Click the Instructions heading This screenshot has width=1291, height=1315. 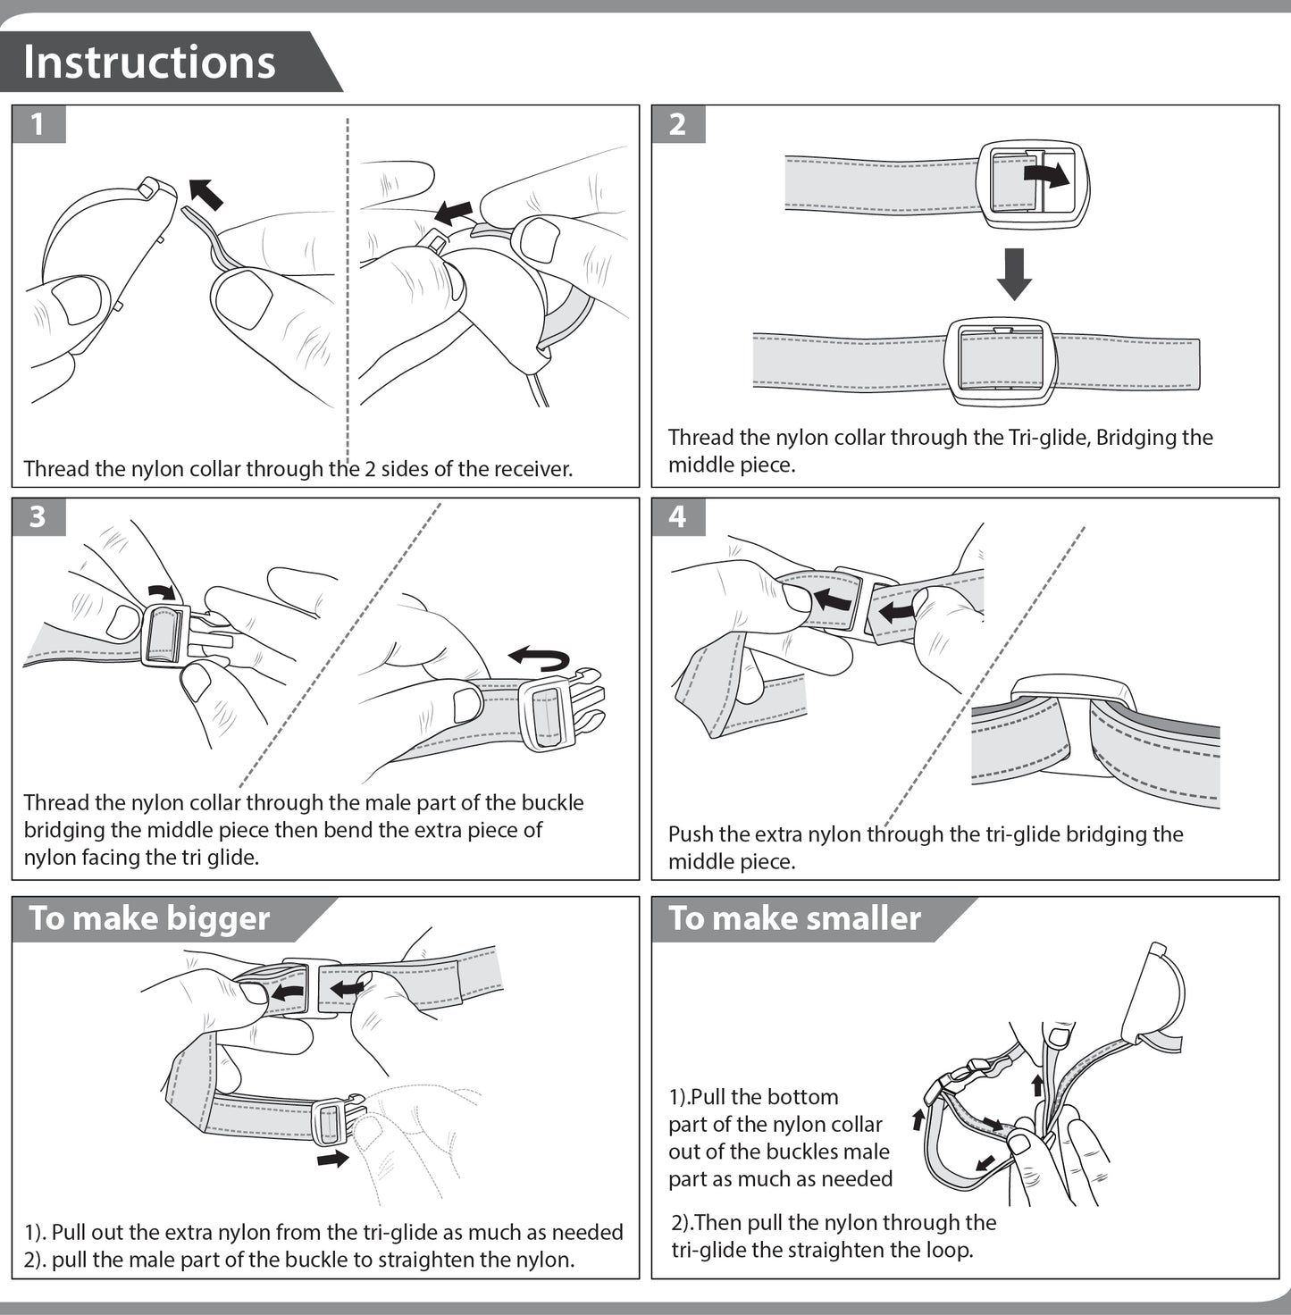[149, 62]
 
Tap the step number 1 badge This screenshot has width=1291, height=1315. [38, 124]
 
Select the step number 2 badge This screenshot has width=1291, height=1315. [677, 124]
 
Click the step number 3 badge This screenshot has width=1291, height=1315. [38, 516]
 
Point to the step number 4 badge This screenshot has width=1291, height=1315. [677, 516]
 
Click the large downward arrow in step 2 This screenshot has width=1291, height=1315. [1014, 273]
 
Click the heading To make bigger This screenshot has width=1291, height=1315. [149, 918]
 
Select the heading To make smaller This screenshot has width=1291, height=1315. [794, 918]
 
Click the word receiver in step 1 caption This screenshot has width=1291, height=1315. [531, 469]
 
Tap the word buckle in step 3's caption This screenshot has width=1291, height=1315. [552, 802]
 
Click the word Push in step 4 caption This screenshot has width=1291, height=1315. [691, 834]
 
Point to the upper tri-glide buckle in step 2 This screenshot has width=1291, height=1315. [1032, 185]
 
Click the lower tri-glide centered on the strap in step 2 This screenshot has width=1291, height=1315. [1001, 360]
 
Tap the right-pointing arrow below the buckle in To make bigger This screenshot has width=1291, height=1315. [333, 1159]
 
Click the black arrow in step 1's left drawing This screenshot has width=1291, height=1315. [206, 193]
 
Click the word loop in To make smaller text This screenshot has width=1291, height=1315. [948, 1250]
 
